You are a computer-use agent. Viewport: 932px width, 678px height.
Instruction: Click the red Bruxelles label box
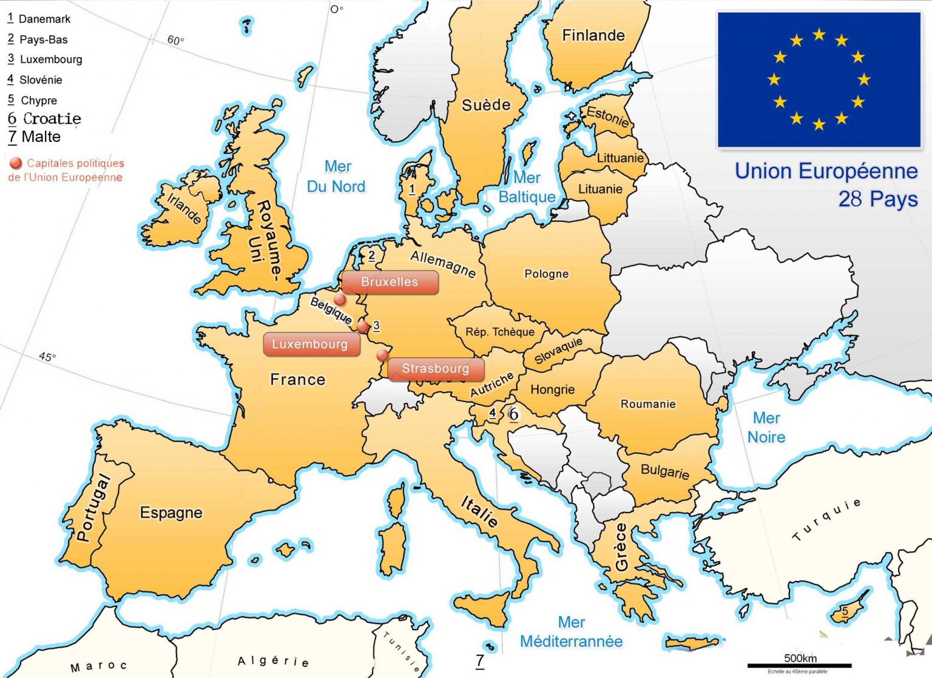coord(390,282)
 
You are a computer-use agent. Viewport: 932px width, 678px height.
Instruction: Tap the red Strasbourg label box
coord(436,369)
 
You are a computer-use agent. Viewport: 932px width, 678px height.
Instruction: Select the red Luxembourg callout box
coord(310,344)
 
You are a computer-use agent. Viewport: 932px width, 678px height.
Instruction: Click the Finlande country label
coord(593,35)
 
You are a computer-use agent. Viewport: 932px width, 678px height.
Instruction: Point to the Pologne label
coord(546,274)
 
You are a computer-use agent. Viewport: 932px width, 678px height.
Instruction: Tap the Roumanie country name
coord(647,404)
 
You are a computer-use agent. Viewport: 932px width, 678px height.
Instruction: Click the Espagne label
coord(171,512)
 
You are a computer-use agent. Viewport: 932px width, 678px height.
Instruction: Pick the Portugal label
coord(93,507)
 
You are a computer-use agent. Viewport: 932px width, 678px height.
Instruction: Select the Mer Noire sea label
coord(766,428)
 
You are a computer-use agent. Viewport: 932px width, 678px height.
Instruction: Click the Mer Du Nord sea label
coord(336,176)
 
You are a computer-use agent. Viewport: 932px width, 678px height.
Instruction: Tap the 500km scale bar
coord(799,665)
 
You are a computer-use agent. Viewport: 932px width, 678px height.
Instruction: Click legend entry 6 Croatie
coord(44,118)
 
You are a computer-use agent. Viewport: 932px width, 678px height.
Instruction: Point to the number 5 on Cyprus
coord(845,611)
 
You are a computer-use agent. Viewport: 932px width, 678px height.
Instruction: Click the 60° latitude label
coord(175,40)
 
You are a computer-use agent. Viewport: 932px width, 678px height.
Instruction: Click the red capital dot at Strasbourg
coord(382,355)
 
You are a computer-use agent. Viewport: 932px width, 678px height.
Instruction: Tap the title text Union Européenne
coord(826,171)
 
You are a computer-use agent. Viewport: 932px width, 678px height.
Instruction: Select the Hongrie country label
coord(552,389)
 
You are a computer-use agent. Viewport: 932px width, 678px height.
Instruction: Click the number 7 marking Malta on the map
coord(480,660)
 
